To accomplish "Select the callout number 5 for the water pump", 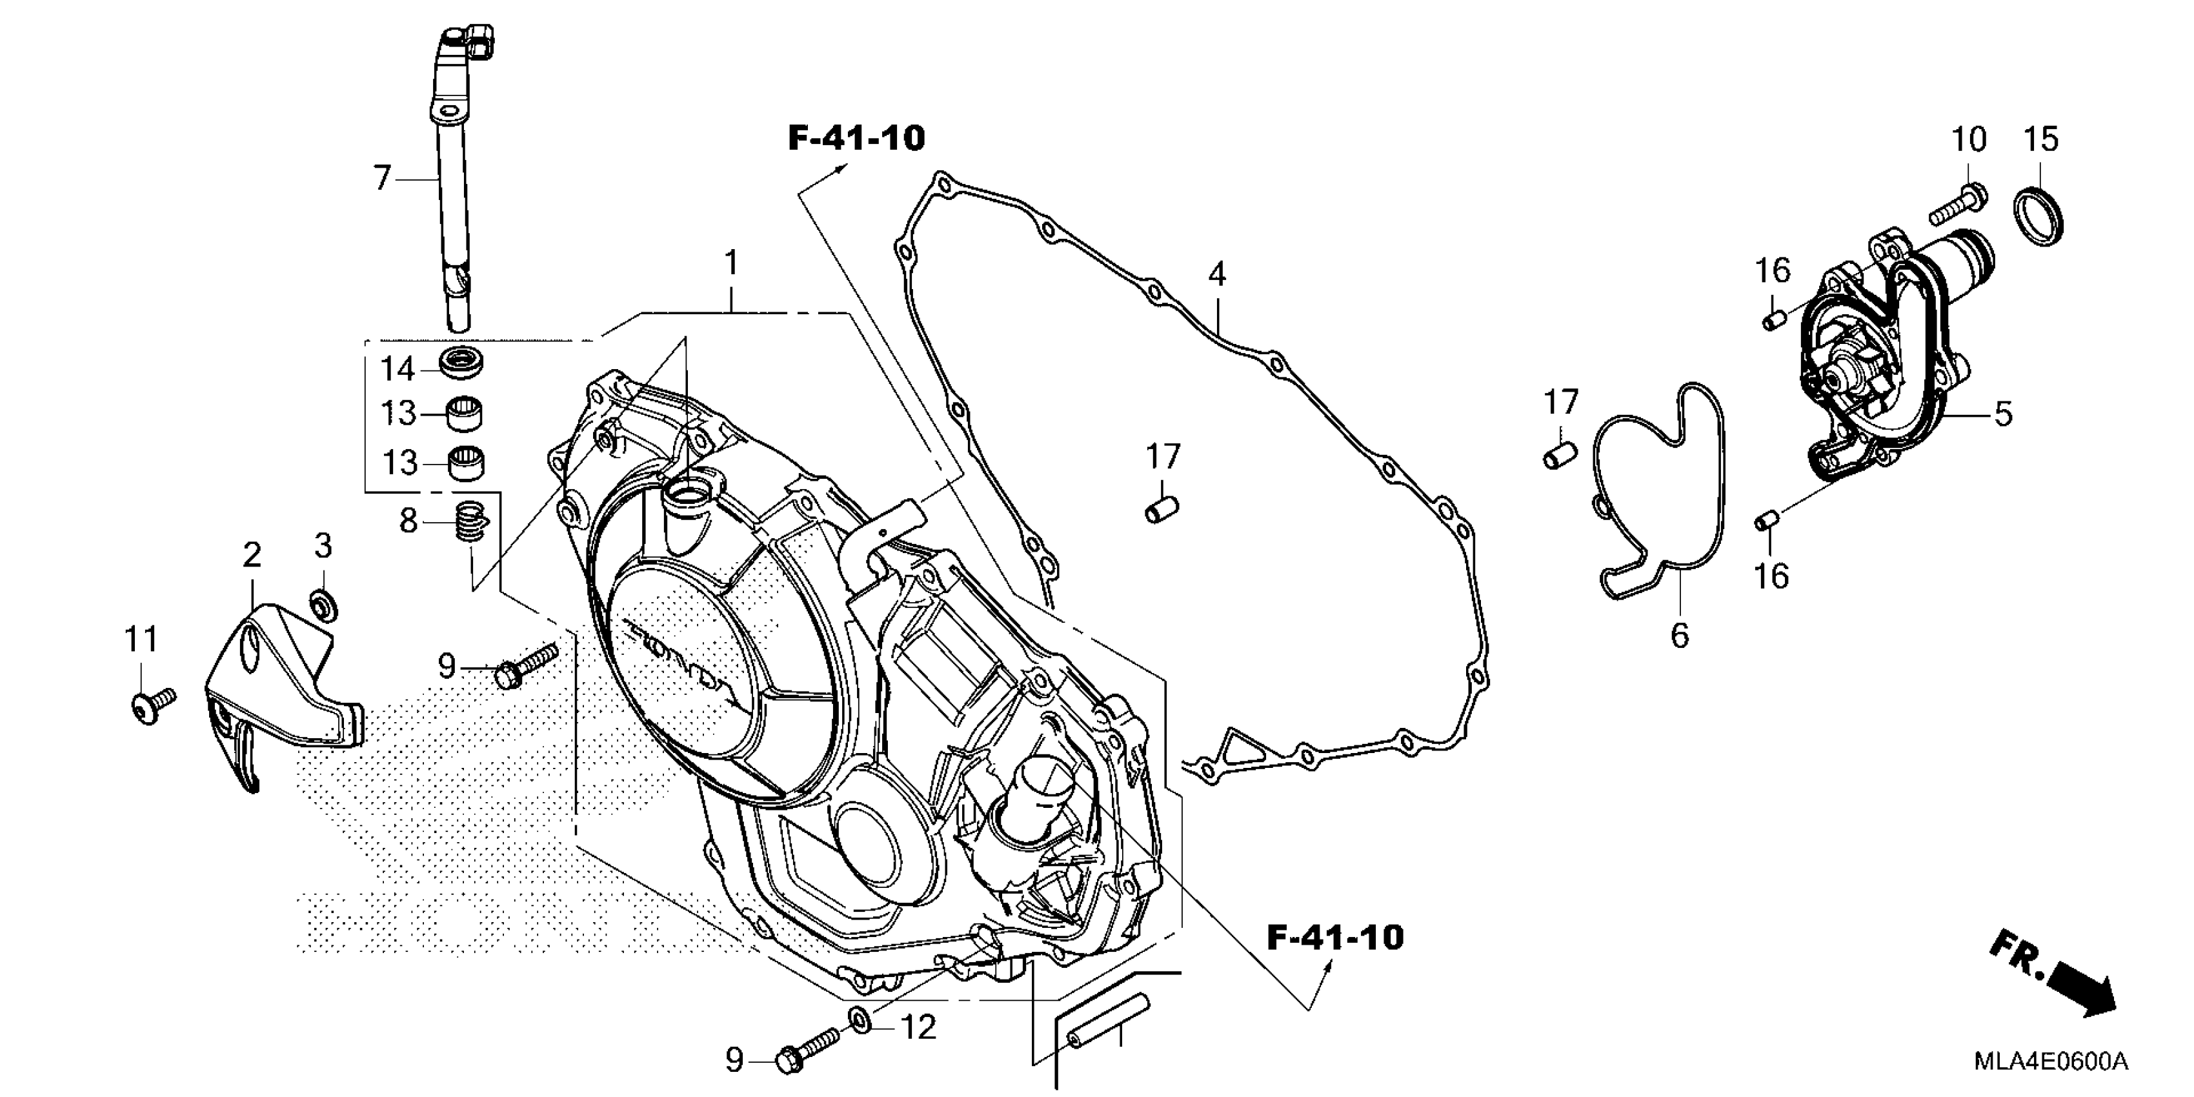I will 2003,414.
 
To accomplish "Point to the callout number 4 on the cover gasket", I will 1217,274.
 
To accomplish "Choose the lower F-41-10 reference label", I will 1334,938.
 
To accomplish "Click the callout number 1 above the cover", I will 730,263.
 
